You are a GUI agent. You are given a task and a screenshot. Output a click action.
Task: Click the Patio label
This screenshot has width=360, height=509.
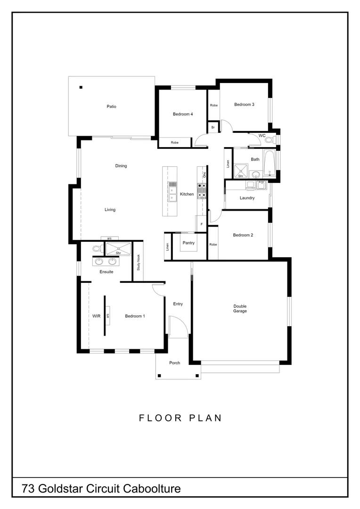[x=111, y=107]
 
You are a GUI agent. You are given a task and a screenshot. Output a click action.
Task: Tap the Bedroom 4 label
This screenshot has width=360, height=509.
[x=183, y=114]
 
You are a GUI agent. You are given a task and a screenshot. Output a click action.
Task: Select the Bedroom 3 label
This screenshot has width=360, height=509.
[x=244, y=105]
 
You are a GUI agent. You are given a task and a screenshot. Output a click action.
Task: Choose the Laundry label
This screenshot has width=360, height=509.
[x=247, y=198]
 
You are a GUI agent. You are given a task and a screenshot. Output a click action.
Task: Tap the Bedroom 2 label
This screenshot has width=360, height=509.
[x=243, y=235]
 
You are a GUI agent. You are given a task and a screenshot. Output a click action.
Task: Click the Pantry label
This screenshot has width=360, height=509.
[x=188, y=243]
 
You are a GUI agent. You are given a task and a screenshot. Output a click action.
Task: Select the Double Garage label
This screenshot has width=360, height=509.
[x=240, y=308]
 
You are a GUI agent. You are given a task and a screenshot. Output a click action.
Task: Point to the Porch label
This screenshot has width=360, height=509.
[x=175, y=363]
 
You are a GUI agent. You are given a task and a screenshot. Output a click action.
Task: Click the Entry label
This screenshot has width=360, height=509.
[x=178, y=304]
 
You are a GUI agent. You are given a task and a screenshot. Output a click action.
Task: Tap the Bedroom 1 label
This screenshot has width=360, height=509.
[x=135, y=316]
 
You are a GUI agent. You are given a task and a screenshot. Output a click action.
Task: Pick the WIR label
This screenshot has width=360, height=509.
[x=96, y=316]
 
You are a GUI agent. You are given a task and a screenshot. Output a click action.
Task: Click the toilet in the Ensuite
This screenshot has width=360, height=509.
[x=97, y=248]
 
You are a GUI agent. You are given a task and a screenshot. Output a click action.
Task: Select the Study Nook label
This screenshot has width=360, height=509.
[x=139, y=262]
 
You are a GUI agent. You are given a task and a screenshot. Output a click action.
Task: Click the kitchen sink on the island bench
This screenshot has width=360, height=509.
[x=172, y=191]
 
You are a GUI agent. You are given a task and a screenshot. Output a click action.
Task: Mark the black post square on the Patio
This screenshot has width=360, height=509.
[x=81, y=87]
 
